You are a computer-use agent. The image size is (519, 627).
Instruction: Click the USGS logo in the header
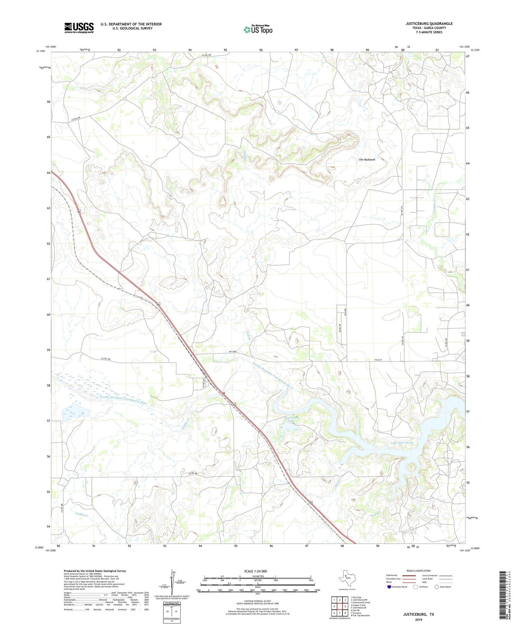click(x=79, y=28)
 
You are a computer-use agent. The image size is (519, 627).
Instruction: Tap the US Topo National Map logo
click(x=258, y=29)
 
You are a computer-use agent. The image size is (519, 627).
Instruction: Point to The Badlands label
click(x=367, y=159)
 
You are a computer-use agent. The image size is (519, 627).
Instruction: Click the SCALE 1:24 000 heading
click(x=257, y=571)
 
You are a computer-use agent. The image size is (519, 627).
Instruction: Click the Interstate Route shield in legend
click(x=390, y=587)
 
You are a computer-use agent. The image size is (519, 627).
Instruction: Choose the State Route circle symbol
click(x=437, y=587)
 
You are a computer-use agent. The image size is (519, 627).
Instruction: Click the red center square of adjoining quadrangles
click(x=340, y=606)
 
